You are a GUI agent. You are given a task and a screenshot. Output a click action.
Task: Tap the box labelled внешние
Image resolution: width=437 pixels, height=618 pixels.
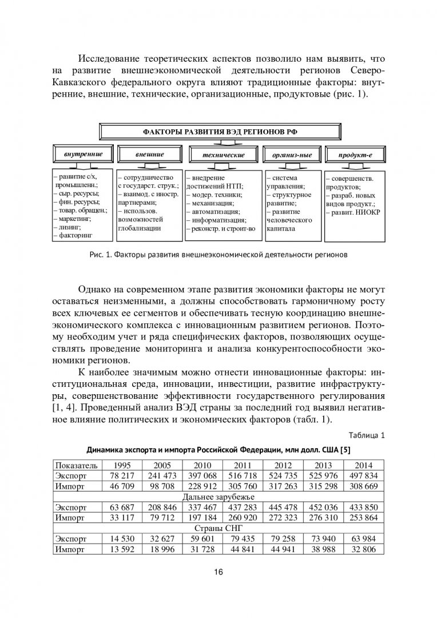[150, 154]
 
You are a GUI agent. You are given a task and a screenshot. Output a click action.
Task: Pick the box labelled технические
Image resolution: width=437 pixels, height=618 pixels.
[224, 155]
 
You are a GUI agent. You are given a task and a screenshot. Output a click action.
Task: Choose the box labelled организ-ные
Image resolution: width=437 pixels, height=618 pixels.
[291, 155]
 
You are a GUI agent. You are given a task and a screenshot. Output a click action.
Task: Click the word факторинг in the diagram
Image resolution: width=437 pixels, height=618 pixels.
[76, 234]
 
